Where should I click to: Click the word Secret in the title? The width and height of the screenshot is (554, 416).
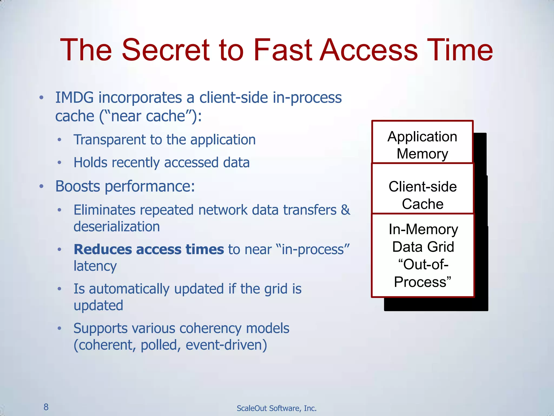pos(166,50)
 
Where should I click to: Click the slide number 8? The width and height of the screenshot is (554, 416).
pos(46,407)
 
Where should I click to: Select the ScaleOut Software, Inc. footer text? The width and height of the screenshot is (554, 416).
pos(276,408)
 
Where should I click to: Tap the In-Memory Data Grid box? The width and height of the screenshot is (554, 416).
pos(423,255)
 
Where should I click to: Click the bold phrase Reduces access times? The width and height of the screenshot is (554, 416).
pos(149,249)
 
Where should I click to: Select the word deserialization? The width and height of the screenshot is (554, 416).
pos(117,226)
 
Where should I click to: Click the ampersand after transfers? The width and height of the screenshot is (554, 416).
pos(345,210)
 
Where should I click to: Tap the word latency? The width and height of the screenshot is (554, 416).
pos(95,266)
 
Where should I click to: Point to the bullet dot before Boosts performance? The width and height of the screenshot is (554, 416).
pos(41,186)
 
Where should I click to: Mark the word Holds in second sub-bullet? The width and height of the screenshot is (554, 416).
pos(90,162)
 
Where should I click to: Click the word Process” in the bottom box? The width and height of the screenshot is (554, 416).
pos(422,282)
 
